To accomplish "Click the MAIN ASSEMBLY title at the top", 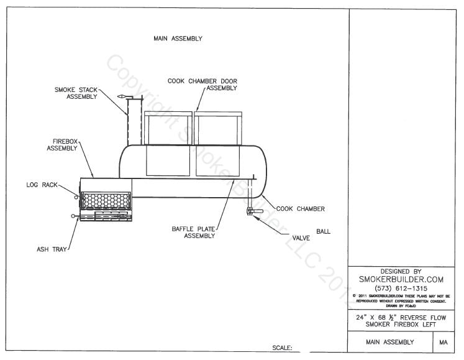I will click(x=178, y=39).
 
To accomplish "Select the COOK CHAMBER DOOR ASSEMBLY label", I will click(x=202, y=85).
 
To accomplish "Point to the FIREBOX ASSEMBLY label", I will click(x=62, y=145).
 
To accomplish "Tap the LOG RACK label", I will click(x=41, y=184).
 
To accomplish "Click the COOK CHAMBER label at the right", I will click(x=300, y=209).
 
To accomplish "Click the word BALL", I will click(x=323, y=231).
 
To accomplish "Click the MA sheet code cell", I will click(x=444, y=342).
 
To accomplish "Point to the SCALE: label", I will click(x=283, y=348).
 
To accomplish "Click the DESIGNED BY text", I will click(x=401, y=271).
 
